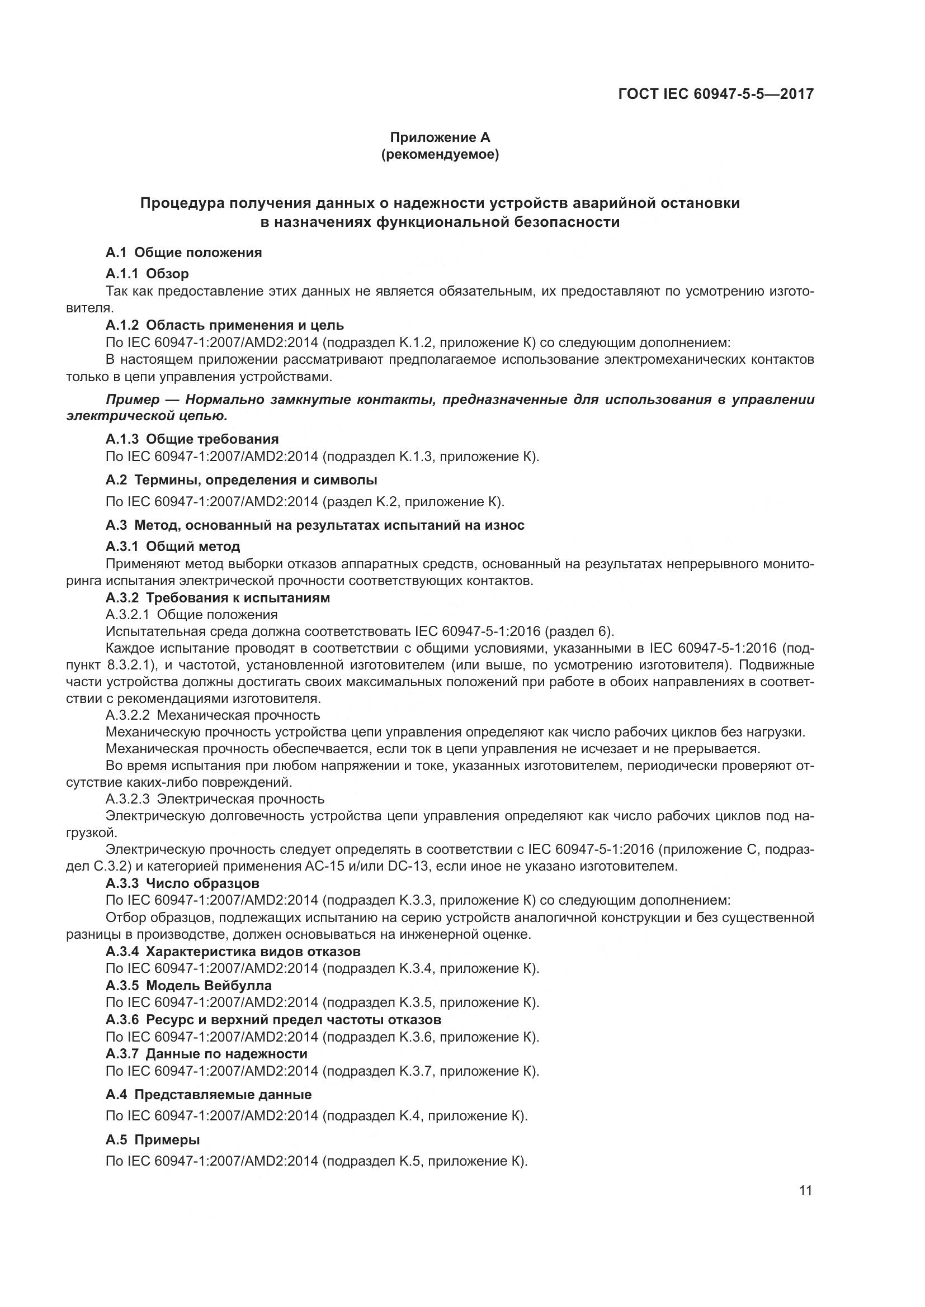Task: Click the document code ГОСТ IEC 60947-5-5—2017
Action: point(715,93)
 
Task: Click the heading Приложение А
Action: point(440,137)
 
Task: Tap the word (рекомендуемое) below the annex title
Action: point(440,154)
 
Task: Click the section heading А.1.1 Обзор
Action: point(147,274)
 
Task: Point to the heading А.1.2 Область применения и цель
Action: point(224,325)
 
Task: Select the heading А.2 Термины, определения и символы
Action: point(241,480)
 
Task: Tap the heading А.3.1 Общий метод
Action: point(173,546)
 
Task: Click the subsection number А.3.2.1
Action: point(128,614)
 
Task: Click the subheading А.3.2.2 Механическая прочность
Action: point(213,715)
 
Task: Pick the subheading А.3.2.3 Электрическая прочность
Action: point(215,799)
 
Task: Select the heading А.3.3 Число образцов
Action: point(182,883)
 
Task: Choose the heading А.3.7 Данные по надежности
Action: point(206,1054)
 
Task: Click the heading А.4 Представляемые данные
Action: point(209,1095)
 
